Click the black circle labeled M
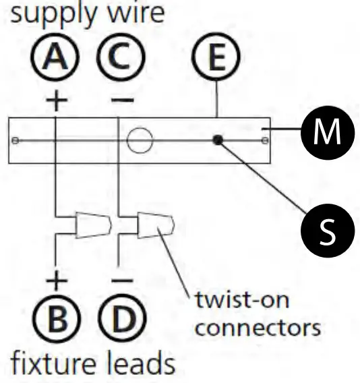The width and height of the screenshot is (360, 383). click(x=327, y=134)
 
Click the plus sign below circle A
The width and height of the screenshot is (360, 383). click(x=57, y=101)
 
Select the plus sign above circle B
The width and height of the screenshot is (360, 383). click(x=57, y=278)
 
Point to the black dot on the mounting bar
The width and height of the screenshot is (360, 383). click(x=217, y=140)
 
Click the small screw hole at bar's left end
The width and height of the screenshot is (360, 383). click(x=16, y=140)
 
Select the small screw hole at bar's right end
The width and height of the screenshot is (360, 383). click(x=266, y=140)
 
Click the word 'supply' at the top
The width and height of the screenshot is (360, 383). click(x=42, y=15)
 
